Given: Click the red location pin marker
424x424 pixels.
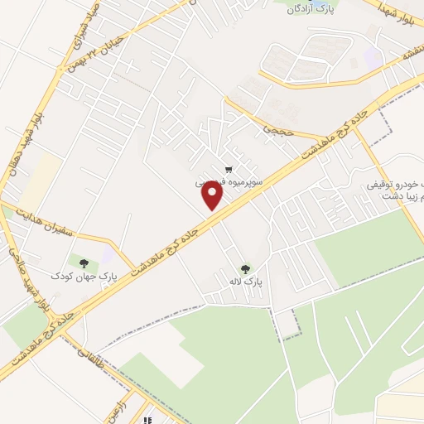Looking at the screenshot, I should [x=214, y=196].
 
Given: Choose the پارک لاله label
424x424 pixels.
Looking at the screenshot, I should [x=246, y=282].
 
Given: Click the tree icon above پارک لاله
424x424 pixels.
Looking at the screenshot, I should [x=245, y=268].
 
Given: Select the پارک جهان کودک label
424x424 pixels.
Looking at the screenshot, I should [x=84, y=275].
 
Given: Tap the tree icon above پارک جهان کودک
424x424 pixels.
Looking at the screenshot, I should [x=84, y=263].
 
